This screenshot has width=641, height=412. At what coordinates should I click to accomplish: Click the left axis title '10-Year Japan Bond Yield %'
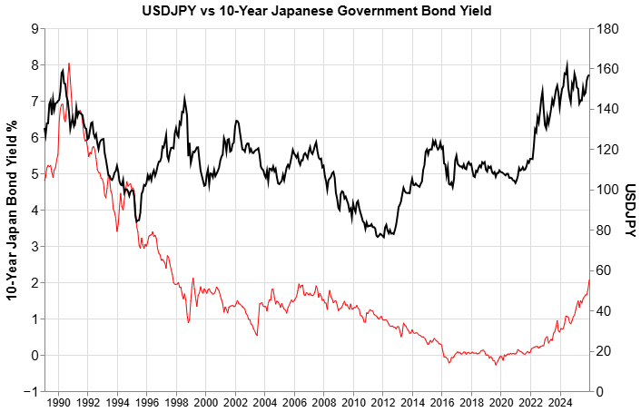[x=12, y=210]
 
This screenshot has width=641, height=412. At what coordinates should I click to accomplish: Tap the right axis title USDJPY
[x=628, y=211]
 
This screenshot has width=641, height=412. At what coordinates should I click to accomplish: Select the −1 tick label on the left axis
[x=32, y=391]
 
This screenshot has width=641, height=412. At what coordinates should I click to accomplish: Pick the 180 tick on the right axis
[x=606, y=29]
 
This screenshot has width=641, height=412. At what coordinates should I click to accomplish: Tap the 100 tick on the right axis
[x=606, y=191]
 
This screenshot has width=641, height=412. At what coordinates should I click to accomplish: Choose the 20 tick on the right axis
[x=603, y=351]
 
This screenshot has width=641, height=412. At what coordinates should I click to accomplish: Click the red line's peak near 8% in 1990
[x=69, y=64]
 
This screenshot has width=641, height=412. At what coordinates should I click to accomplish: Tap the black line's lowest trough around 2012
[x=379, y=237]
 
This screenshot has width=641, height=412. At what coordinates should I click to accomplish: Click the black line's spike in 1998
[x=185, y=95]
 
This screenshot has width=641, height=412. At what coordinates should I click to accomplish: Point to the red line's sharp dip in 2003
[x=257, y=336]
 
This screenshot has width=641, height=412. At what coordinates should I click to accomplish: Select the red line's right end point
[x=589, y=280]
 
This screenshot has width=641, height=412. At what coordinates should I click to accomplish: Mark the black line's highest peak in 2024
[x=567, y=64]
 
